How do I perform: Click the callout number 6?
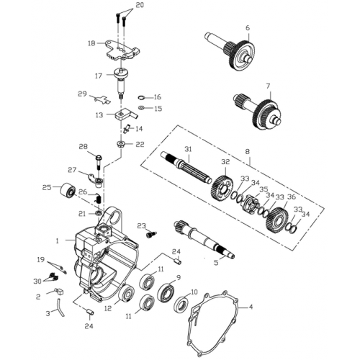coord(247,28)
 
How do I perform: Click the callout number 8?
coord(248,152)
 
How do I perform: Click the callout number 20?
coord(140,6)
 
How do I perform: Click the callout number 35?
coord(264,189)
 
